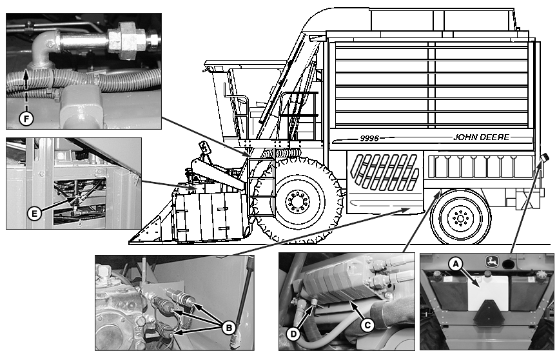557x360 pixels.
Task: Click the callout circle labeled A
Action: click(455, 264)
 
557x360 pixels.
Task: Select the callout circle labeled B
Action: click(229, 328)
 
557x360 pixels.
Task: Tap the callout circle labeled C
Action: click(367, 325)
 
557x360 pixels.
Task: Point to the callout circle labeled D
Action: click(293, 334)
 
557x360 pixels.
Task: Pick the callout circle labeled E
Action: click(34, 214)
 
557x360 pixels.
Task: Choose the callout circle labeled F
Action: click(26, 119)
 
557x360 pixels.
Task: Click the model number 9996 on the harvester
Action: click(369, 138)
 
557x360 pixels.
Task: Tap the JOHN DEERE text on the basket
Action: click(482, 137)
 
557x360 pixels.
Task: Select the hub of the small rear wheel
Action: click(461, 218)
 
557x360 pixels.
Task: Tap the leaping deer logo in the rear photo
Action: click(492, 261)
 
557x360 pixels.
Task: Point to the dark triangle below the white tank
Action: click(488, 312)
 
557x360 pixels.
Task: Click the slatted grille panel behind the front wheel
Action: click(385, 172)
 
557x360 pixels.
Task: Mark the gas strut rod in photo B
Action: click(243, 297)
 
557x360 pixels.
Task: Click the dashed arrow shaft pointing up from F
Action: click(26, 90)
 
